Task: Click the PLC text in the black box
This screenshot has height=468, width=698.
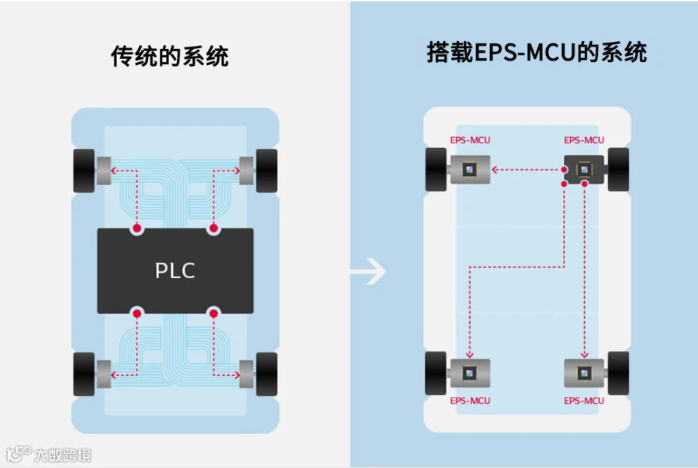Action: click(174, 270)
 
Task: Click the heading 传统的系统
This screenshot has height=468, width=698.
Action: click(170, 57)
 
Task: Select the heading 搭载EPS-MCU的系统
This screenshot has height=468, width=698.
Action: click(537, 53)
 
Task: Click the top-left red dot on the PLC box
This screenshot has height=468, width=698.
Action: click(136, 229)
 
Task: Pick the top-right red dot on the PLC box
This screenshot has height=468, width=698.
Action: click(213, 229)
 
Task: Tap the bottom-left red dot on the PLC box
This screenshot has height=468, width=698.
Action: click(136, 314)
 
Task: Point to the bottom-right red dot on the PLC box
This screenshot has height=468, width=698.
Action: click(213, 314)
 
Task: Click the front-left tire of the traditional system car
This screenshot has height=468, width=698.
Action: click(83, 170)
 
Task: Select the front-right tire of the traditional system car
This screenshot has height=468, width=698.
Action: click(266, 170)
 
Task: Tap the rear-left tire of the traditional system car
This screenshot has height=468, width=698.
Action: click(83, 374)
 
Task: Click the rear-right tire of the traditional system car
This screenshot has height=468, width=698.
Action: click(266, 374)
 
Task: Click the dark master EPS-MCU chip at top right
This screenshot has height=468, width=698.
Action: click(584, 169)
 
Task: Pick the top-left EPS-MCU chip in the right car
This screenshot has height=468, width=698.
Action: click(470, 169)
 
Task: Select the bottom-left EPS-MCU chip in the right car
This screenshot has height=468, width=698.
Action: click(470, 373)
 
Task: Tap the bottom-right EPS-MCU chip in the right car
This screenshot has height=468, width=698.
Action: click(584, 373)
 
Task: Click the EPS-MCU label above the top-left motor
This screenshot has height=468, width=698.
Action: click(470, 140)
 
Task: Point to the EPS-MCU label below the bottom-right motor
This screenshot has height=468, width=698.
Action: click(584, 401)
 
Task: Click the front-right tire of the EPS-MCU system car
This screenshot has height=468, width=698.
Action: click(618, 169)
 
